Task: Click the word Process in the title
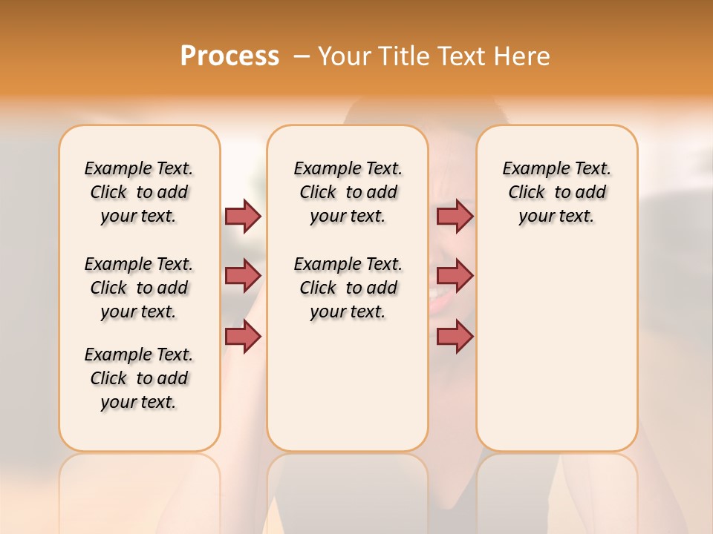click(x=229, y=56)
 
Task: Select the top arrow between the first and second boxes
click(x=243, y=216)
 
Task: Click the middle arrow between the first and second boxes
click(x=243, y=276)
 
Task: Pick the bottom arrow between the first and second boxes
click(x=243, y=337)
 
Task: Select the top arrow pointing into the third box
click(x=455, y=216)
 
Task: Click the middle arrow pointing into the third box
click(x=455, y=276)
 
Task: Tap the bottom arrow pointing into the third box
click(x=455, y=337)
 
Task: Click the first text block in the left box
click(x=139, y=192)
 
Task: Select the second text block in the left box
click(x=139, y=288)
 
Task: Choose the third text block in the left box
click(x=139, y=378)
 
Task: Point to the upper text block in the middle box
click(x=348, y=192)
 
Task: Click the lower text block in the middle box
click(x=348, y=288)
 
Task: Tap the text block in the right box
click(x=556, y=192)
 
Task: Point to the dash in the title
click(x=302, y=56)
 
